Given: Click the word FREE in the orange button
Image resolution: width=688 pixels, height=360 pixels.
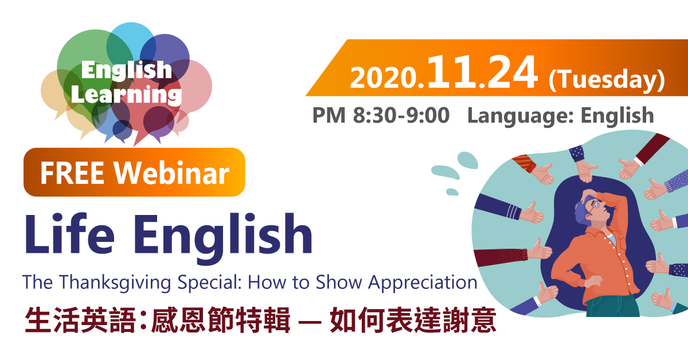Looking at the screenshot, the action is (x=72, y=173).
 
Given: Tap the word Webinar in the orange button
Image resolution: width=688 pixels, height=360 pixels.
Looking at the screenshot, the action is (x=171, y=173).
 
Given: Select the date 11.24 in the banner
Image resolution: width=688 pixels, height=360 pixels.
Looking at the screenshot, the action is (x=482, y=72).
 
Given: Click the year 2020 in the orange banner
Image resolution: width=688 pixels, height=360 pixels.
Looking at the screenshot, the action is (x=384, y=79).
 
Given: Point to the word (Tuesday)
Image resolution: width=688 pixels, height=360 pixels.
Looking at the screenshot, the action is (x=607, y=80).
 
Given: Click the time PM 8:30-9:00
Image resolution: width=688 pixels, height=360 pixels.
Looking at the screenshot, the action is (x=381, y=115).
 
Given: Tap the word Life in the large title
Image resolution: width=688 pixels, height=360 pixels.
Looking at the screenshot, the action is (x=70, y=233).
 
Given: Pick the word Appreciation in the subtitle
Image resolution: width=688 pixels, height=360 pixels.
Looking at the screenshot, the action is (x=423, y=283).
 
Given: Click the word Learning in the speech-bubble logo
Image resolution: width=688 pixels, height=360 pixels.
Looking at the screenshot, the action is (x=126, y=95).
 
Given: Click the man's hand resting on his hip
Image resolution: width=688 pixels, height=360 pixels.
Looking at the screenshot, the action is (x=592, y=281).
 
